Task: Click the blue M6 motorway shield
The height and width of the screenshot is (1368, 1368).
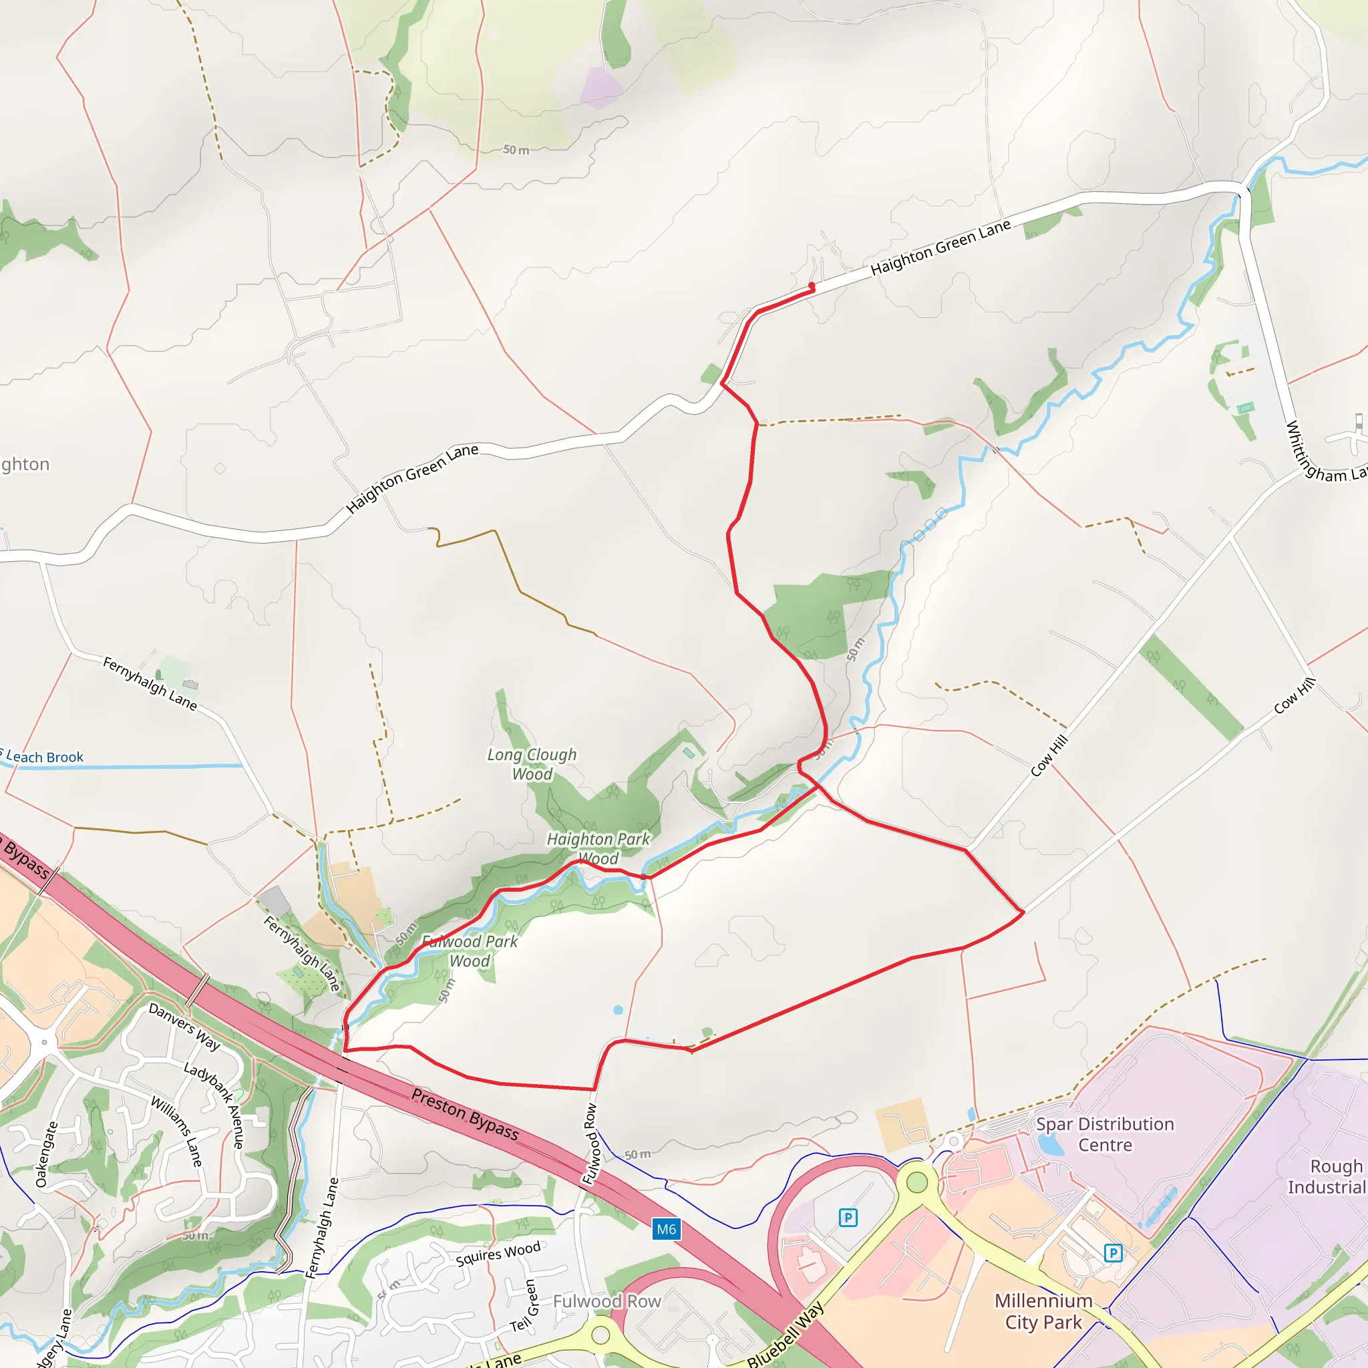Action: [665, 1229]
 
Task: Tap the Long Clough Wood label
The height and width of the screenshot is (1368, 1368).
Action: [532, 764]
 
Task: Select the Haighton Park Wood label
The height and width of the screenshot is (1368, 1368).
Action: [598, 848]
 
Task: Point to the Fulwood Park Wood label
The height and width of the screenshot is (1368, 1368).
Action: [470, 951]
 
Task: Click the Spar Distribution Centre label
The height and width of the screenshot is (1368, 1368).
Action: [1105, 1134]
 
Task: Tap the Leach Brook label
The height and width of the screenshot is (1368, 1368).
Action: [44, 757]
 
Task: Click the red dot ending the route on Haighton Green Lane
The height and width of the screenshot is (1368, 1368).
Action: [812, 287]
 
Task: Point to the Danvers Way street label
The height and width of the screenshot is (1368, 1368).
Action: [184, 1027]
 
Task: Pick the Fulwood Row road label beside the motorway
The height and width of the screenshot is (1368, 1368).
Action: [590, 1144]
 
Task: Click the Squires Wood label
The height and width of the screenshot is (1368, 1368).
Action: [498, 1254]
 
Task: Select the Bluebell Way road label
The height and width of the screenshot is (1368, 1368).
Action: [786, 1334]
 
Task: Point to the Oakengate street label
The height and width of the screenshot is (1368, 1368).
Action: [46, 1154]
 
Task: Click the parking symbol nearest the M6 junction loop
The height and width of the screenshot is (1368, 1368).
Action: [848, 1218]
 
